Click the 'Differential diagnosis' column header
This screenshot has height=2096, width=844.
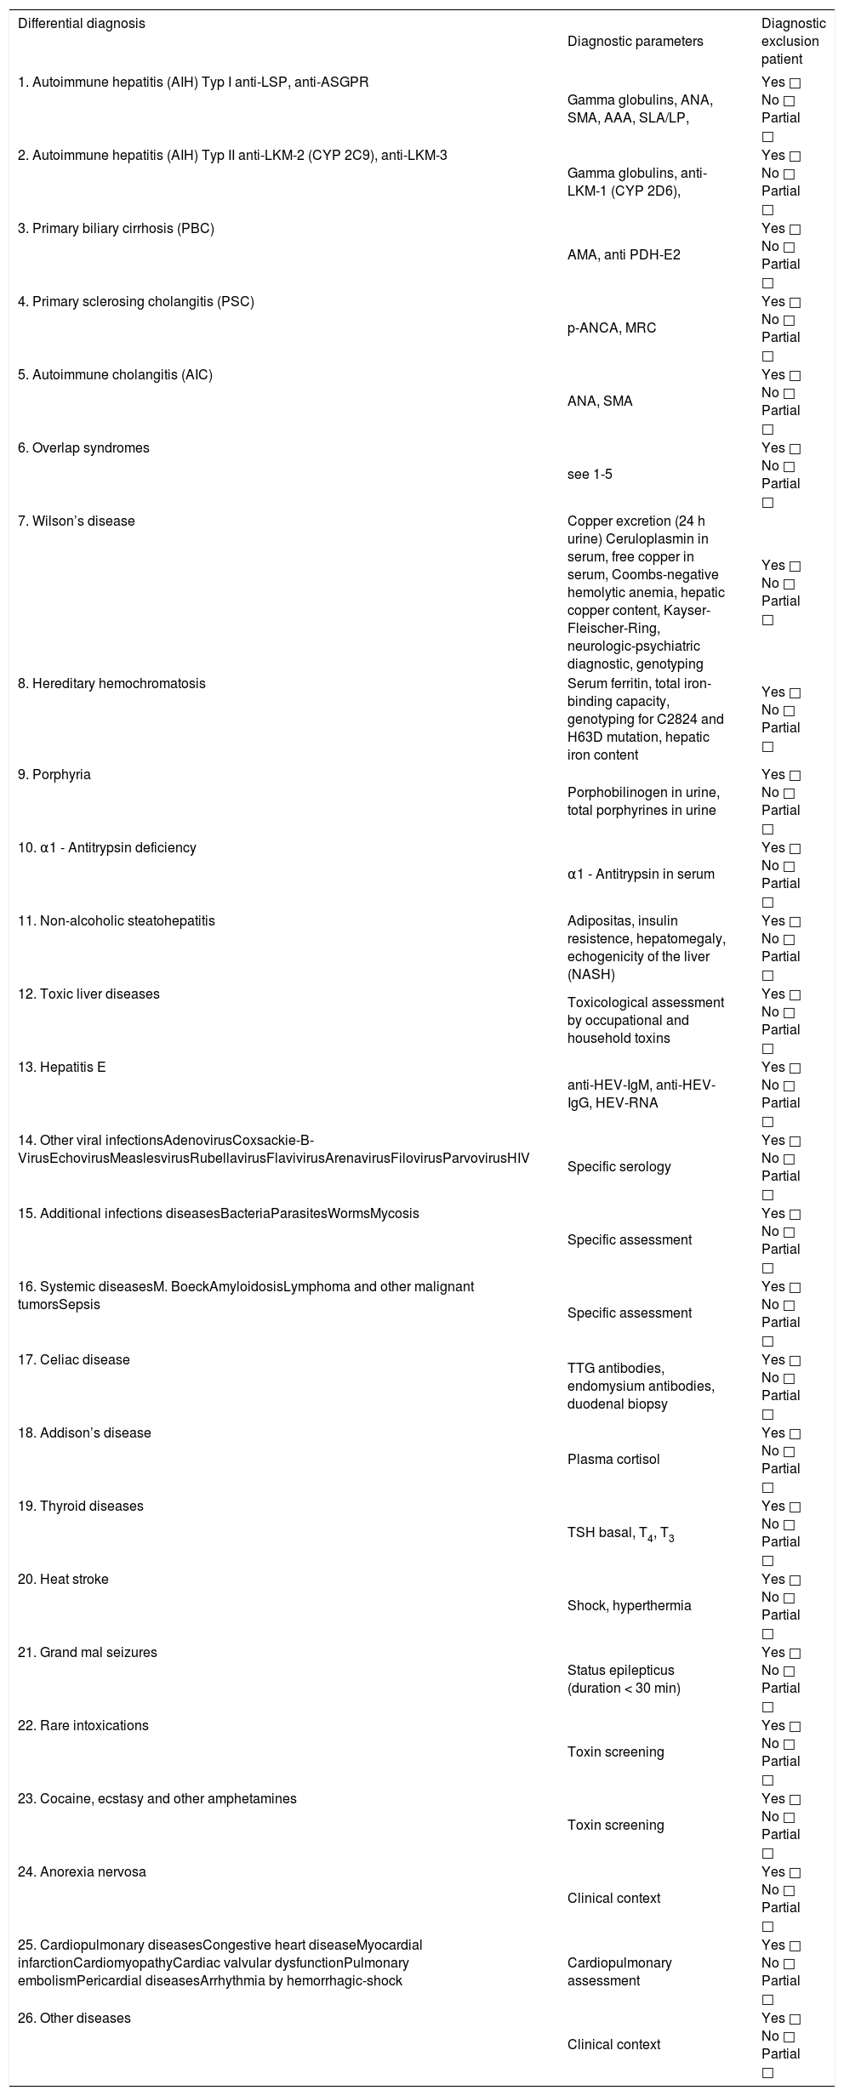click(82, 24)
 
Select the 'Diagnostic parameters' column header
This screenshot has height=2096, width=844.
click(635, 42)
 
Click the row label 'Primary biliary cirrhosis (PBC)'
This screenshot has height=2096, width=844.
click(116, 229)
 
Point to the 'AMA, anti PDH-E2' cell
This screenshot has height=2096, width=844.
click(624, 255)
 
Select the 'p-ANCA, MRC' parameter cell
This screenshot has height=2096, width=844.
click(612, 328)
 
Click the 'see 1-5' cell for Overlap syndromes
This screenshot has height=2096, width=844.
click(590, 475)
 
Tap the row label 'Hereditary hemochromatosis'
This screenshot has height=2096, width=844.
click(111, 684)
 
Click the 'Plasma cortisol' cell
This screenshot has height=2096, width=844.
click(613, 1460)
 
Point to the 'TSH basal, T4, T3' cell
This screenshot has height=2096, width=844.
click(621, 1534)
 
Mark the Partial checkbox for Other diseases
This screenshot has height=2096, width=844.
click(768, 2073)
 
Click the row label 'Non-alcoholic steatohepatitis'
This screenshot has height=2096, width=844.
click(117, 921)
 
